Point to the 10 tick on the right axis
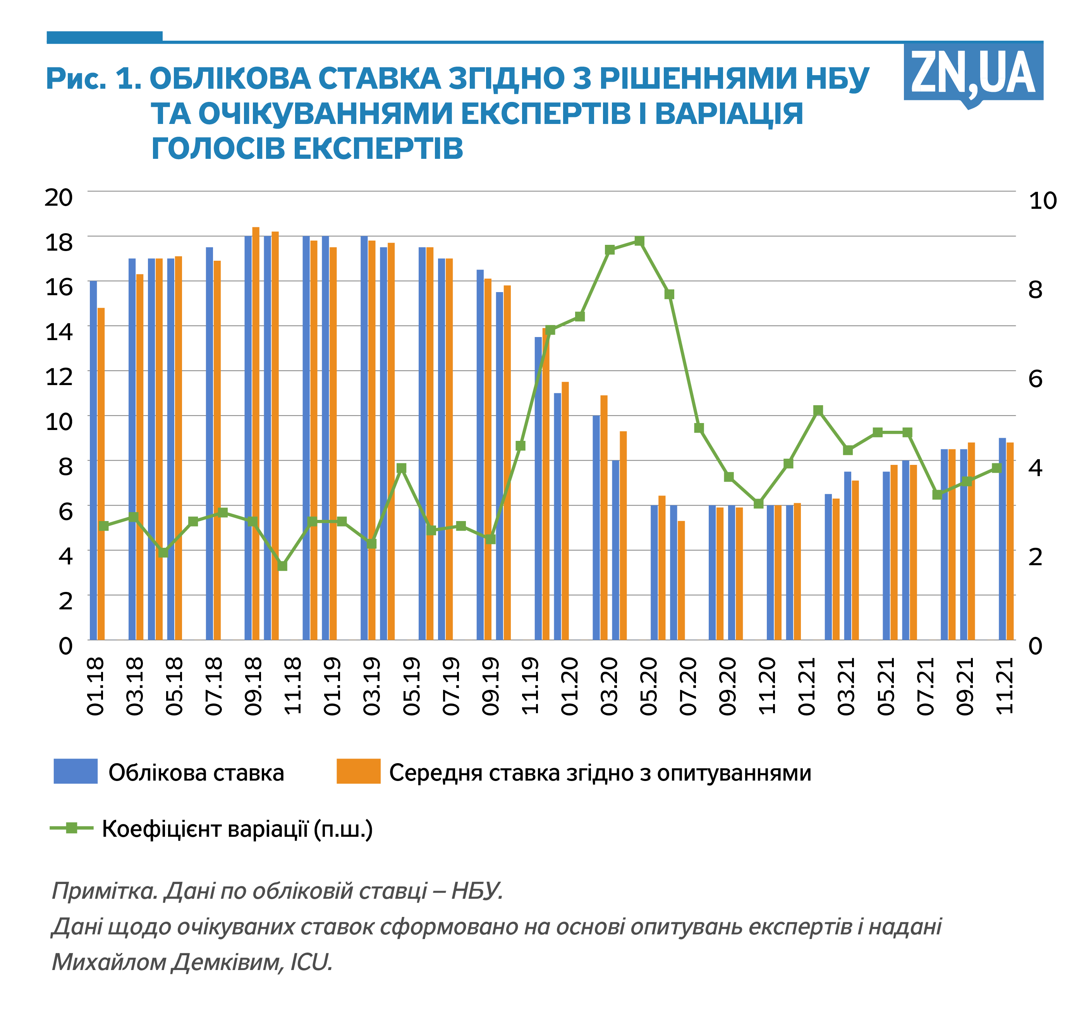pyautogui.click(x=1043, y=201)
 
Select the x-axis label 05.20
pyautogui.click(x=649, y=686)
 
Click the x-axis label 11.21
pyautogui.click(x=1005, y=686)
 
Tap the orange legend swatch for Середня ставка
pyautogui.click(x=358, y=771)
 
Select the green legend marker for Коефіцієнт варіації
pyautogui.click(x=71, y=828)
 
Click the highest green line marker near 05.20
pyautogui.click(x=640, y=241)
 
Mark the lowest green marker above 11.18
pyautogui.click(x=282, y=566)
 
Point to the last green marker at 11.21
pyautogui.click(x=997, y=468)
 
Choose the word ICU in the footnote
pyautogui.click(x=311, y=963)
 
